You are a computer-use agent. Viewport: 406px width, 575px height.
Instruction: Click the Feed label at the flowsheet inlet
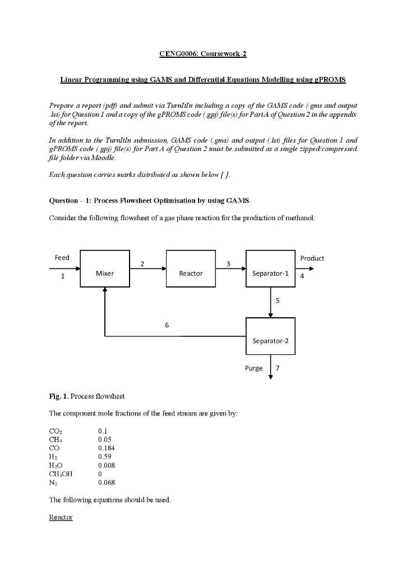click(x=62, y=258)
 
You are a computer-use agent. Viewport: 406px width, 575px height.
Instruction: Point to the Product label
click(x=312, y=258)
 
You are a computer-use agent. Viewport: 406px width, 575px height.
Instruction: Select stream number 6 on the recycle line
click(x=167, y=325)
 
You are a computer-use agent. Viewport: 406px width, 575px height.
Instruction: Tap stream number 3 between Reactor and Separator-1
click(x=228, y=263)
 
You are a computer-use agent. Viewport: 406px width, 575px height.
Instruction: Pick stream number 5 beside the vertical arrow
click(x=277, y=301)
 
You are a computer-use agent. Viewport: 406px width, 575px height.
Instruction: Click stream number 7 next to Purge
click(x=277, y=368)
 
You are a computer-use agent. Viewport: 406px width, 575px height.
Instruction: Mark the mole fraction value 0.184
click(x=106, y=448)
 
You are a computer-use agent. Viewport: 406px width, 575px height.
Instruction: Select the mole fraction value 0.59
click(x=104, y=457)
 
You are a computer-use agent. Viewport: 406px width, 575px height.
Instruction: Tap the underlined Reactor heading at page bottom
click(x=61, y=517)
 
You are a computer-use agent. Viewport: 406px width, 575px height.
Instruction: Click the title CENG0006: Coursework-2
click(x=202, y=54)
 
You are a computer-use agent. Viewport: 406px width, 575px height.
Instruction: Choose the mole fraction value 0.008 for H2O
click(x=106, y=466)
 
